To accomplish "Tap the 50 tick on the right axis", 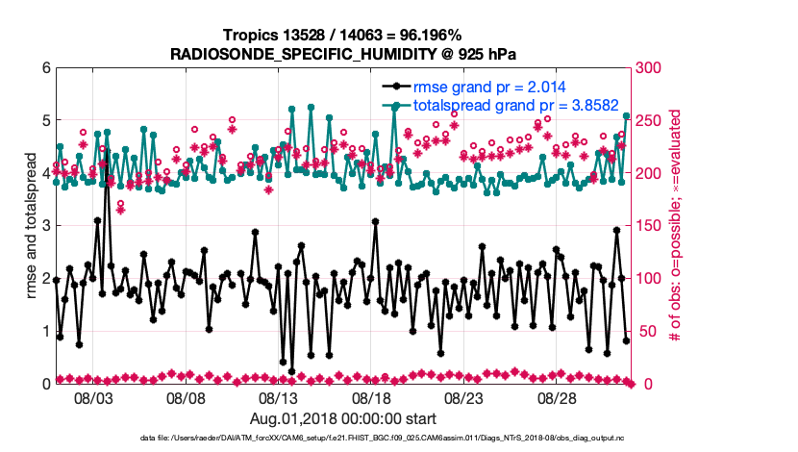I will pyautogui.click(x=644, y=332).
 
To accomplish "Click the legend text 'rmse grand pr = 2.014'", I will pyautogui.click(x=487, y=86).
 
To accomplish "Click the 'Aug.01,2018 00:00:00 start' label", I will pyautogui.click(x=343, y=418).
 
